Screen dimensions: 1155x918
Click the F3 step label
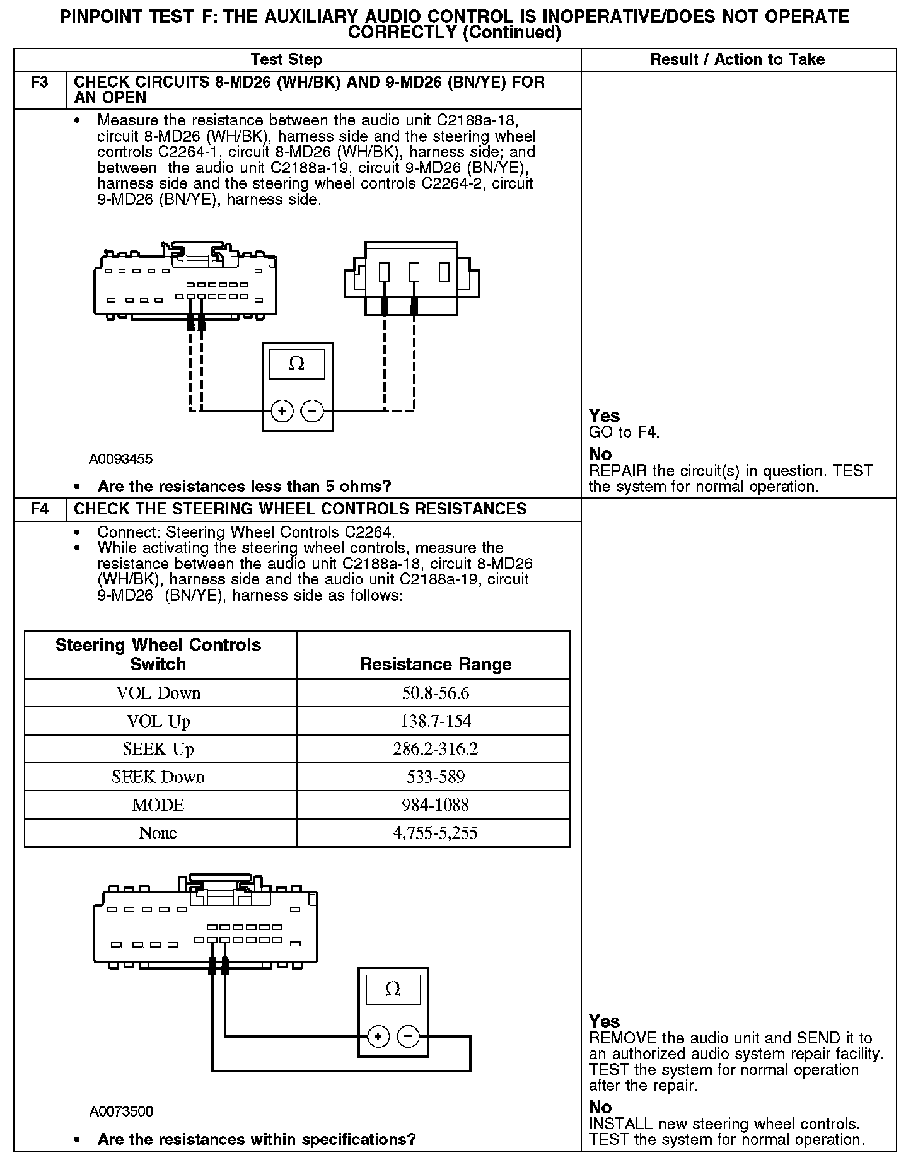tap(39, 83)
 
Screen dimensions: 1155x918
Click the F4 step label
tap(39, 509)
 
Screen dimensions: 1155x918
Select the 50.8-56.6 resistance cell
tap(435, 693)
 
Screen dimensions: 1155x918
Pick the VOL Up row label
tap(158, 721)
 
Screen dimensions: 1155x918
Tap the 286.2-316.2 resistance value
tap(435, 749)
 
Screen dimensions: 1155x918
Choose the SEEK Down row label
tap(158, 777)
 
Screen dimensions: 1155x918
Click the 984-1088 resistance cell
tap(435, 804)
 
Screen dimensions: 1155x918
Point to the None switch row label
tap(158, 833)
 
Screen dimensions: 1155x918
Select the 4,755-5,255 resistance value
tap(435, 833)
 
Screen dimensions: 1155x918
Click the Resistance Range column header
tap(435, 664)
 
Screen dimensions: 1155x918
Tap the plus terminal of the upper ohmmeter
tap(282, 412)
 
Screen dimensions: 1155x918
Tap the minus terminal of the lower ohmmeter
tap(409, 1036)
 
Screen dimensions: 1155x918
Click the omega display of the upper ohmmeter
tap(296, 364)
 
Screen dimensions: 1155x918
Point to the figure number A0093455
tap(120, 459)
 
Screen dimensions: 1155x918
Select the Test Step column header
tap(286, 60)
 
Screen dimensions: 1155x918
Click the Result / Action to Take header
tap(737, 60)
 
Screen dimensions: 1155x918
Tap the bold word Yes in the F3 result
tap(604, 415)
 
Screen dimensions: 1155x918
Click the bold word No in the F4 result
tap(600, 1107)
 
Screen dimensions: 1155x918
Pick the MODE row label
tap(158, 804)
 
